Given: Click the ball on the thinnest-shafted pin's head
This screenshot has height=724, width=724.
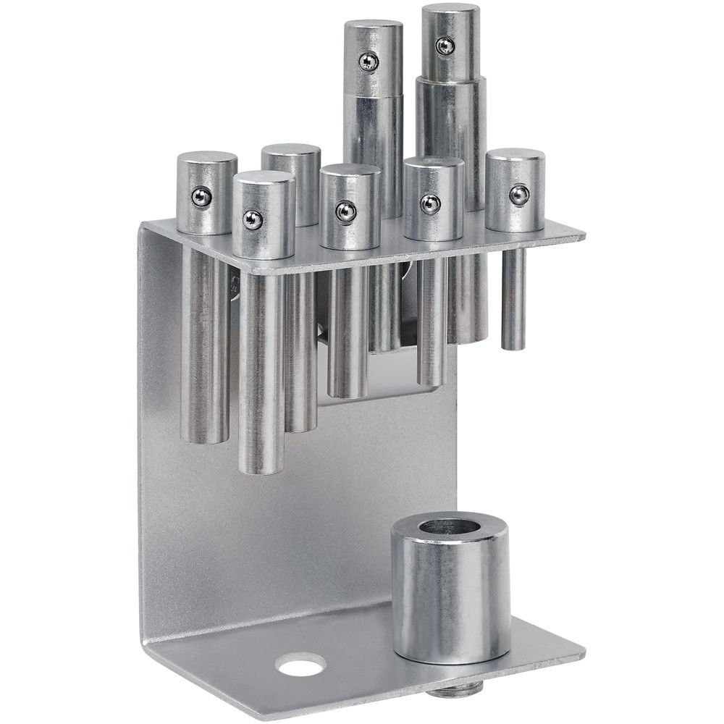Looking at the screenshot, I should click(x=517, y=193).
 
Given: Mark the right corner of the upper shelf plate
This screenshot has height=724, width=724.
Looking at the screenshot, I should click(x=584, y=235).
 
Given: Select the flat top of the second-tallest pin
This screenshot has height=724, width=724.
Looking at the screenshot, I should click(x=374, y=30).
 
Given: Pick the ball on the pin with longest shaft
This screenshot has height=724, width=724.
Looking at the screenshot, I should click(x=252, y=220).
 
